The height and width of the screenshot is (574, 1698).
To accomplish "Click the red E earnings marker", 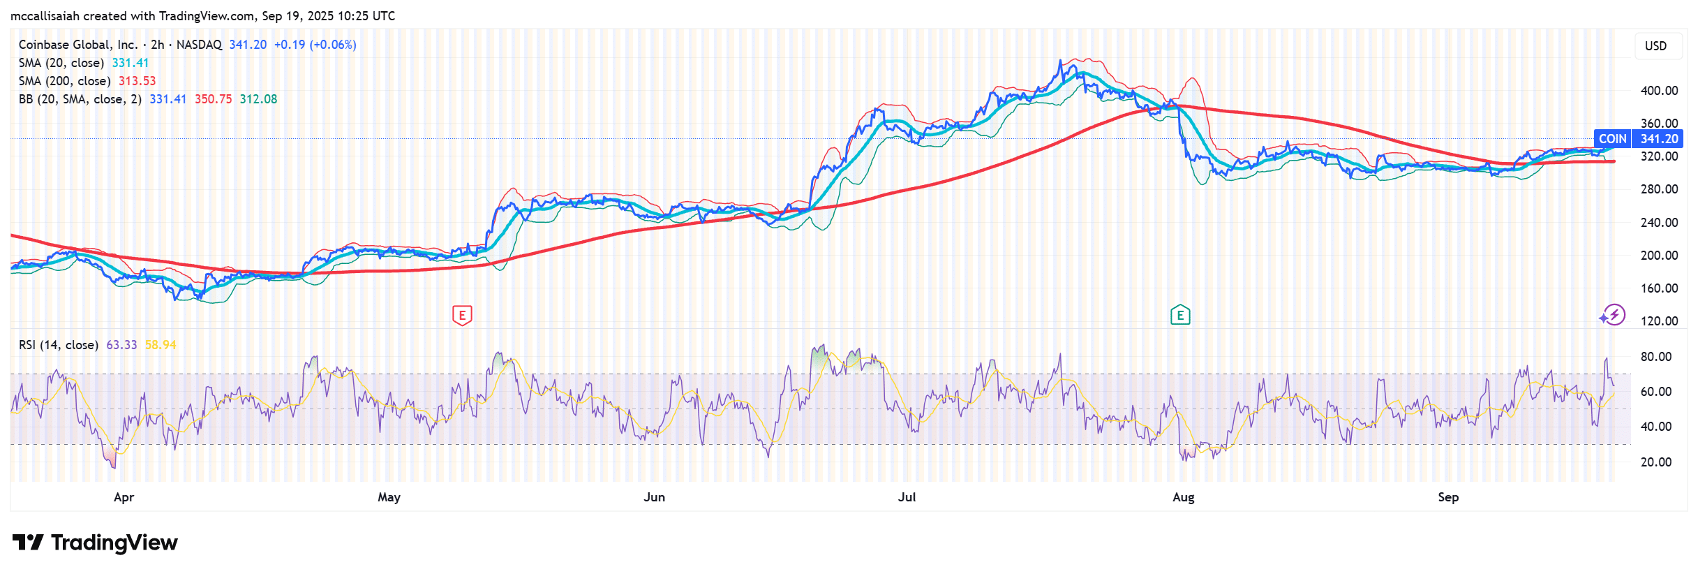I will (x=462, y=316).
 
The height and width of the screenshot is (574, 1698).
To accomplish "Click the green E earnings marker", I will (x=1180, y=316).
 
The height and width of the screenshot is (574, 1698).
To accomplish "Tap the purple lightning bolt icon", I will (x=1614, y=315).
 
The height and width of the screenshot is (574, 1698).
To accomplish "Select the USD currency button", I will (x=1655, y=46).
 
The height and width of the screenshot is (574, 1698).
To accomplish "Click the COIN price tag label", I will (x=1612, y=139).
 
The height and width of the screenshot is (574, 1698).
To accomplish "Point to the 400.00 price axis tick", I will (x=1659, y=91).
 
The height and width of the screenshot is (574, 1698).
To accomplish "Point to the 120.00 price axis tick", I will (x=1659, y=321).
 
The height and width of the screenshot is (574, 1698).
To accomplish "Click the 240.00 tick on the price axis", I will (x=1659, y=223).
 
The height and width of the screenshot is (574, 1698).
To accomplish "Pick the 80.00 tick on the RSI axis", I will (x=1656, y=357).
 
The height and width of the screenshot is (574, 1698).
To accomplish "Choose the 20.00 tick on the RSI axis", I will (x=1656, y=462).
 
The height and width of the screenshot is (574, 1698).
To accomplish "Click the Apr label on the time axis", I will (x=124, y=497).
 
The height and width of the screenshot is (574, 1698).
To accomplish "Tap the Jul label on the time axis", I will (x=907, y=497).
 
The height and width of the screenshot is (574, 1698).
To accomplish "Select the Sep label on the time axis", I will (x=1448, y=497).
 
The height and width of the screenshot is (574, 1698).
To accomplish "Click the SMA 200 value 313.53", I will (x=137, y=81).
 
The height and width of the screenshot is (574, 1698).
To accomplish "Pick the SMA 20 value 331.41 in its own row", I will (x=131, y=63).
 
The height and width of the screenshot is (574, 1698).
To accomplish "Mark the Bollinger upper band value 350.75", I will (x=213, y=99).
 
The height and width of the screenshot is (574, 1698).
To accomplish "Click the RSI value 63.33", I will (x=121, y=345).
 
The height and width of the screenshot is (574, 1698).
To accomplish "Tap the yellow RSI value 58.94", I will (x=161, y=345).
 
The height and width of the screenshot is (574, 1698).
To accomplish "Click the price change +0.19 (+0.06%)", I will (x=315, y=45).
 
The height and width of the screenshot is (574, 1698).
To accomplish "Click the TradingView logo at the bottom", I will (x=95, y=543).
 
